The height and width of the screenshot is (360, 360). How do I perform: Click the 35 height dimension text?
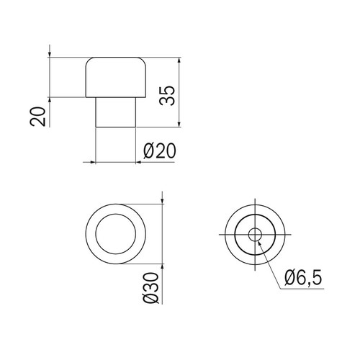tap(167, 95)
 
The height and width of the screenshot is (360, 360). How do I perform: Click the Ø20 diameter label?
tap(160, 151)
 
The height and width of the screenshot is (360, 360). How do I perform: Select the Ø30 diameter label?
tap(151, 288)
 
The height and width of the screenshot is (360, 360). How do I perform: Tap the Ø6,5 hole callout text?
tap(303, 278)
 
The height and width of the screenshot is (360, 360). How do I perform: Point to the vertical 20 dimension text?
tap(37, 117)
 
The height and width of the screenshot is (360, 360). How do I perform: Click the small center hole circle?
tap(255, 234)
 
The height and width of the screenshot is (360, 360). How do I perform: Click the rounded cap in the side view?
tap(116, 77)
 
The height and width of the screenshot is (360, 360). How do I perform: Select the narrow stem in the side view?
tap(116, 112)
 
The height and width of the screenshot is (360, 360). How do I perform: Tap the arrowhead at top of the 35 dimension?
tap(179, 60)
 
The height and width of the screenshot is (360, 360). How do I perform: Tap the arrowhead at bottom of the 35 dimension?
tap(179, 124)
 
